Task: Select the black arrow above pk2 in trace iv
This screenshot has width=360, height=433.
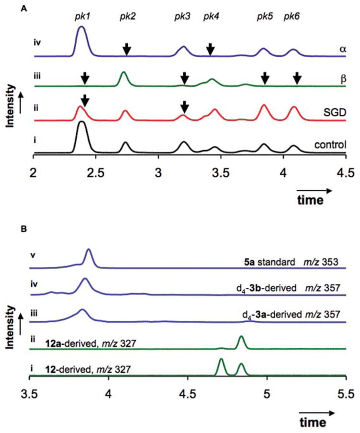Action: pyautogui.click(x=126, y=48)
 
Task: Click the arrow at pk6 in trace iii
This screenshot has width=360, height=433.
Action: pyautogui.click(x=297, y=78)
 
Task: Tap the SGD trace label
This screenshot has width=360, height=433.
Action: pyautogui.click(x=335, y=111)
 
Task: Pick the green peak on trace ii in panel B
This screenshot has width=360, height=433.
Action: pyautogui.click(x=241, y=342)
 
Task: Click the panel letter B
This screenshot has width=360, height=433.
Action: pyautogui.click(x=24, y=228)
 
